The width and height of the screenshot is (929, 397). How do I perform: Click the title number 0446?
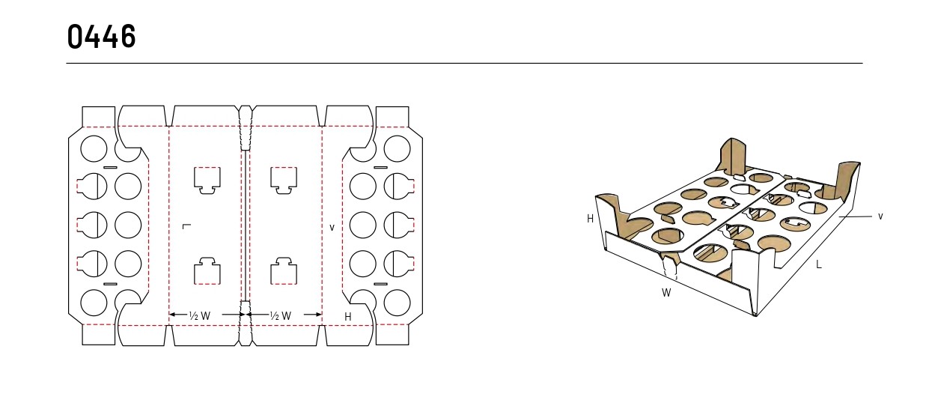[x=102, y=37]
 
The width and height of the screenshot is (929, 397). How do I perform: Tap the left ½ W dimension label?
[x=200, y=316]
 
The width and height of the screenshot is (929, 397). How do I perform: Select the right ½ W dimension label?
[x=281, y=316]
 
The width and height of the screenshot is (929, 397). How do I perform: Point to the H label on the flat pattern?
[x=348, y=317]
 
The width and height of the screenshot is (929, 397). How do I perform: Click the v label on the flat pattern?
[x=332, y=227]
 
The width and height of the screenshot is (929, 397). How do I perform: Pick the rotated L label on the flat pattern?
[x=186, y=226]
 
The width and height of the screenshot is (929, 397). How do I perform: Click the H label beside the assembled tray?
[x=590, y=219]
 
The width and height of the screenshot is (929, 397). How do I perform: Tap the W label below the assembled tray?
[x=666, y=293]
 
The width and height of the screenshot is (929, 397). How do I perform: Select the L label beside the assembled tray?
[x=819, y=264]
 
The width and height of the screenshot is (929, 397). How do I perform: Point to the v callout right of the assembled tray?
[x=880, y=216]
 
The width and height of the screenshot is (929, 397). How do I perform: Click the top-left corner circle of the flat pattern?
[x=94, y=148]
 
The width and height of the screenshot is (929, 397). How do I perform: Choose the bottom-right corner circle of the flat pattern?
[x=397, y=303]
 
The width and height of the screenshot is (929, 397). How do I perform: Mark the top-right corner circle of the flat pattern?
[x=397, y=148]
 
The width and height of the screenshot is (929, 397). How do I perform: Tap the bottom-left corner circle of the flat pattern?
[x=94, y=303]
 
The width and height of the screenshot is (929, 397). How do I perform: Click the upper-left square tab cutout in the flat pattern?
[x=207, y=180]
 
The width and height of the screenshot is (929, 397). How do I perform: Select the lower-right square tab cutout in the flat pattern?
[x=284, y=271]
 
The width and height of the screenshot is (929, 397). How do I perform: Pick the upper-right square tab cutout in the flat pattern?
[x=284, y=180]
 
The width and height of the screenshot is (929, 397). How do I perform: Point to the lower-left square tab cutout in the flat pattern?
[x=207, y=271]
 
